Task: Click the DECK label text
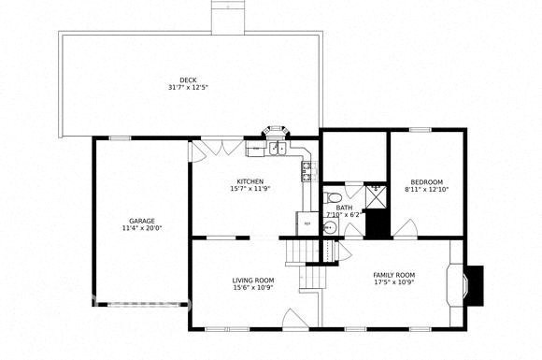(187, 79)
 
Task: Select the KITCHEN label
(250, 180)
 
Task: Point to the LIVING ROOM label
(252, 280)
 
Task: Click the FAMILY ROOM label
(393, 274)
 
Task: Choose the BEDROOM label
(426, 181)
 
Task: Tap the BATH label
(344, 208)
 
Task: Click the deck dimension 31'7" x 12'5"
(187, 87)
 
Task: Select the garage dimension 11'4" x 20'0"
(141, 227)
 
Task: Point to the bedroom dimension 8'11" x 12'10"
(426, 189)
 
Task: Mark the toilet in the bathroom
(332, 197)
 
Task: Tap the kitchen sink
(277, 148)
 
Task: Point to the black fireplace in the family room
(475, 284)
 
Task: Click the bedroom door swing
(405, 228)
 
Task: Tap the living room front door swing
(294, 317)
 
